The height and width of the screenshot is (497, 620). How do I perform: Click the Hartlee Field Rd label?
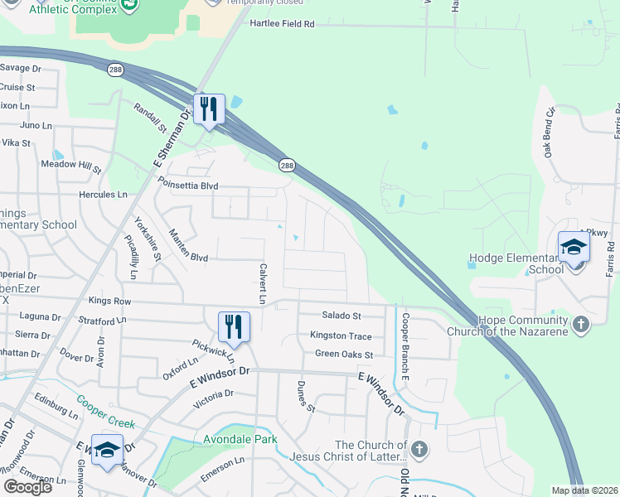point(282,24)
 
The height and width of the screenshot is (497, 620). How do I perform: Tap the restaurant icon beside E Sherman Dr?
point(209,109)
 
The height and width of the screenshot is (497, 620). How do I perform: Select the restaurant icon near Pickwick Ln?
point(234,326)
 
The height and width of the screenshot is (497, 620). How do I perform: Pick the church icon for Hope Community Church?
point(580,323)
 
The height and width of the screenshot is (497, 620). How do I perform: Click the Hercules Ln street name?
point(99,195)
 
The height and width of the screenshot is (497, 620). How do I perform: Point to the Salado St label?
point(341,316)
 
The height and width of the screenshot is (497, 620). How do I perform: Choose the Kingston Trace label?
point(341,335)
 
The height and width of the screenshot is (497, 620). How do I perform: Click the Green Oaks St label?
point(344,355)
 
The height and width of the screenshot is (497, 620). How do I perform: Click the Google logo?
point(27,487)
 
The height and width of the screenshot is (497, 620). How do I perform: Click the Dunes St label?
point(306,397)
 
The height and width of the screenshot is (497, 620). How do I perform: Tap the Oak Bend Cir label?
point(548,133)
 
